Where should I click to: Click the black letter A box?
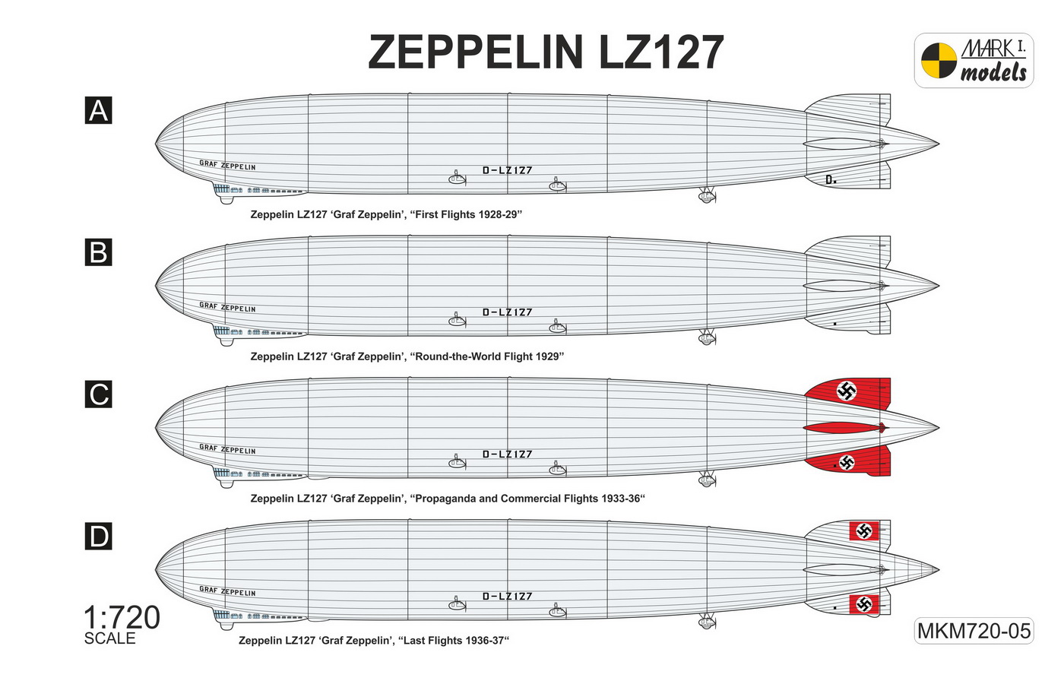(98, 110)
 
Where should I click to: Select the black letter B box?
(98, 252)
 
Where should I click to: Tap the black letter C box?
(98, 394)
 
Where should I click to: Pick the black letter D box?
(98, 536)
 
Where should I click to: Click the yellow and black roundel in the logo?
(939, 60)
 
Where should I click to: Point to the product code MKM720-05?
(974, 631)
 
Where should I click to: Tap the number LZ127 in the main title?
(661, 52)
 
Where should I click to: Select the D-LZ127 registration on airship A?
(508, 170)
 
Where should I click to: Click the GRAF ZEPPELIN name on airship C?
(227, 449)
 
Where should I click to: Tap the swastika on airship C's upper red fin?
(846, 391)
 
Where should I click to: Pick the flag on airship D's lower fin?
(863, 604)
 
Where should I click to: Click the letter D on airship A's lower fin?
(829, 179)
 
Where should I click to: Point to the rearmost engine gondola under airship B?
(707, 338)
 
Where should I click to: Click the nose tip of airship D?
(156, 569)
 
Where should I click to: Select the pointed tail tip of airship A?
(939, 144)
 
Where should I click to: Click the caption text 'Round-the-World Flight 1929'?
(489, 356)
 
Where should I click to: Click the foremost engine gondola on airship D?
(457, 604)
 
